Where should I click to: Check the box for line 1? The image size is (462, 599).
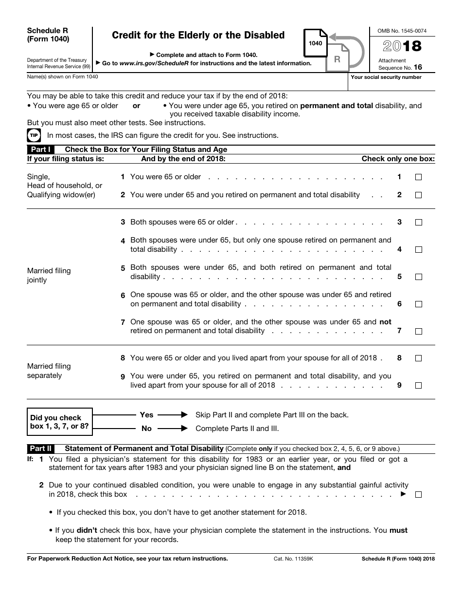point(418,177)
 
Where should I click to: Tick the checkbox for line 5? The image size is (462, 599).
point(418,277)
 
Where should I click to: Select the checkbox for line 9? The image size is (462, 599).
point(418,385)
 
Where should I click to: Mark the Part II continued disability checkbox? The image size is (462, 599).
point(418,494)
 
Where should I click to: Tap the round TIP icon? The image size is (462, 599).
point(34,135)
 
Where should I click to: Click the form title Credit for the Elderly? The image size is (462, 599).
point(198,36)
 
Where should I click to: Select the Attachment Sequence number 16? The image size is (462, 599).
point(418,68)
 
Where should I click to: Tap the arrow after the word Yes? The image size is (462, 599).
point(173,415)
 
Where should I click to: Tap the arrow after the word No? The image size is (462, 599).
point(173,429)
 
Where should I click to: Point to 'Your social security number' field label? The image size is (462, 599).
point(386,77)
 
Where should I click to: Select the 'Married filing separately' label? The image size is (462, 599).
point(49,371)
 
